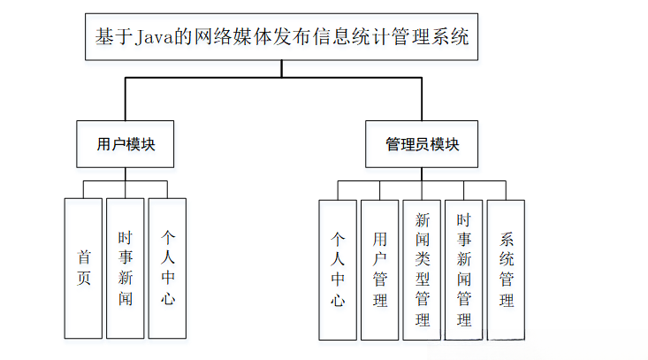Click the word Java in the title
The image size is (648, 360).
[153, 37]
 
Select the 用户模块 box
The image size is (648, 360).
[126, 143]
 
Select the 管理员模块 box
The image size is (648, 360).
[422, 143]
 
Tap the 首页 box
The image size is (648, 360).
[84, 268]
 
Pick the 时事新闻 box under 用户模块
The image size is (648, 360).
[126, 268]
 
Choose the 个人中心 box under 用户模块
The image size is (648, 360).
[167, 268]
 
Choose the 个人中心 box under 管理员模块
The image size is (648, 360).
[338, 270]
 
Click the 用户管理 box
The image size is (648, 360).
[380, 270]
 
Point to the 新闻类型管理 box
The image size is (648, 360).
[422, 270]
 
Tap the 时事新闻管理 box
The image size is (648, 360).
[464, 270]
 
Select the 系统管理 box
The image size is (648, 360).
[506, 270]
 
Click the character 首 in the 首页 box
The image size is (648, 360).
[84, 257]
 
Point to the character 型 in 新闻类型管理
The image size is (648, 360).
[422, 279]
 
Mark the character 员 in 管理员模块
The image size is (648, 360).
[423, 143]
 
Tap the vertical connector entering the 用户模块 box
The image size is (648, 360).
[126, 100]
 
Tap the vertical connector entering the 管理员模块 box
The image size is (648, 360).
[422, 100]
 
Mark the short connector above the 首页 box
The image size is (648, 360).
[84, 189]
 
